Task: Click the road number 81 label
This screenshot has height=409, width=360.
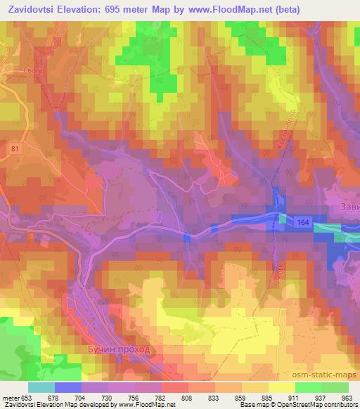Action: (x=15, y=148)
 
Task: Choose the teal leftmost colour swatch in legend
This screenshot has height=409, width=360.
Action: (x=41, y=387)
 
